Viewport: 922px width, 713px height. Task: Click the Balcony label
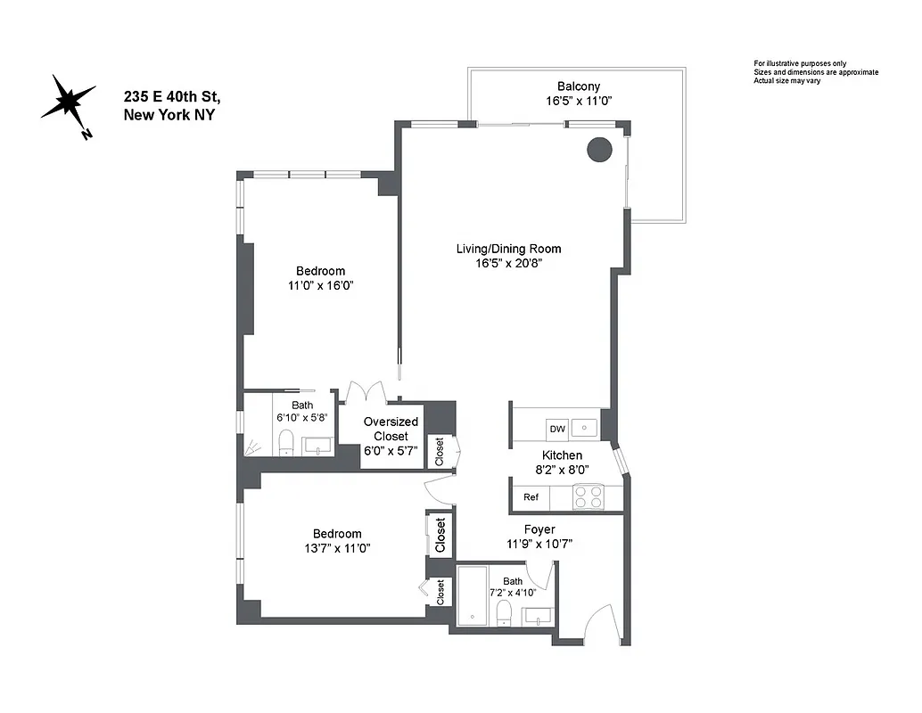coord(579,86)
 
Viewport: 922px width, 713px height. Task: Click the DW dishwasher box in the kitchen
coord(557,429)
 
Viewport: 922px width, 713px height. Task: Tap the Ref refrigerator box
coord(531,497)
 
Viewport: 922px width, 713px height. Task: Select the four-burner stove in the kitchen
coord(587,496)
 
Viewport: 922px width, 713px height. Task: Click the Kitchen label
coord(562,455)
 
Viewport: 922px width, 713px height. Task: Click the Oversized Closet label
coord(391,430)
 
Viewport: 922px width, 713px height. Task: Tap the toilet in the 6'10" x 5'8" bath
coord(286,442)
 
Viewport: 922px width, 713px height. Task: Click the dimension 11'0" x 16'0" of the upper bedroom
coord(320,286)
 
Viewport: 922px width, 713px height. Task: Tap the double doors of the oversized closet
coord(366,392)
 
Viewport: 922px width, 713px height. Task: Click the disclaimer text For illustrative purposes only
coord(800,63)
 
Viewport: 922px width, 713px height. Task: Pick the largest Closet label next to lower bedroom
coord(440,536)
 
